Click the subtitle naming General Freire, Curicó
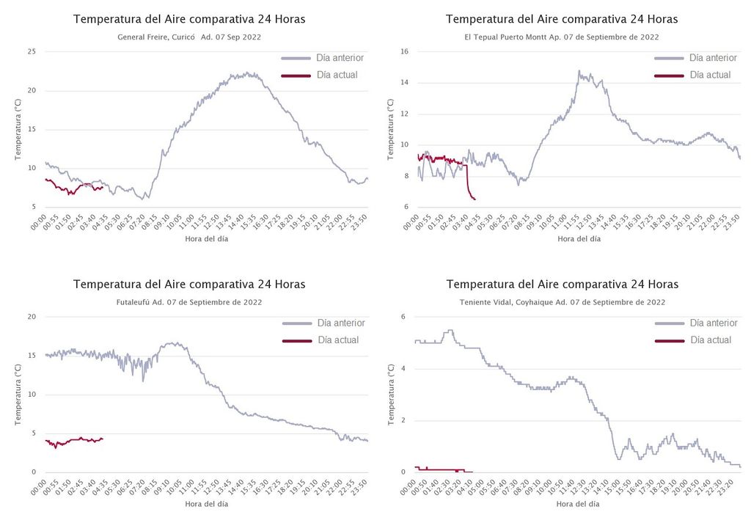(189, 37)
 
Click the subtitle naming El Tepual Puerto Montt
(562, 37)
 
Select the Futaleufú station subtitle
(189, 302)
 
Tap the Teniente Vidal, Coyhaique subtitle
(562, 302)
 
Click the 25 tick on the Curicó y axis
(32, 51)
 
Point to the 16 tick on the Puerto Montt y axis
(403, 51)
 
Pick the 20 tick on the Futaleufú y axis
(32, 317)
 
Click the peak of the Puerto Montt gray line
(579, 71)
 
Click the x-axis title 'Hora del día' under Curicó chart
(206, 238)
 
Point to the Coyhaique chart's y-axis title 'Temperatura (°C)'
(391, 395)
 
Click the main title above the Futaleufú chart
(189, 285)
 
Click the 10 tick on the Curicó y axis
(32, 168)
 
